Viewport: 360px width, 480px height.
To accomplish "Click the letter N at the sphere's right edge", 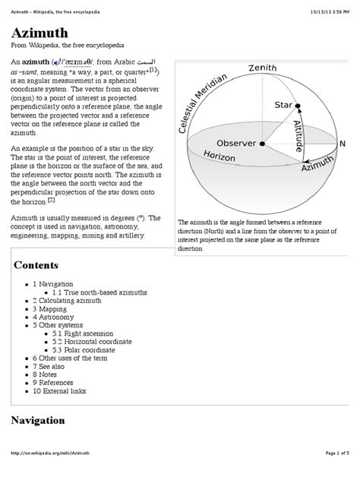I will click(x=342, y=144).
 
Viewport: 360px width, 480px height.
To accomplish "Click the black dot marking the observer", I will click(x=262, y=143).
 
